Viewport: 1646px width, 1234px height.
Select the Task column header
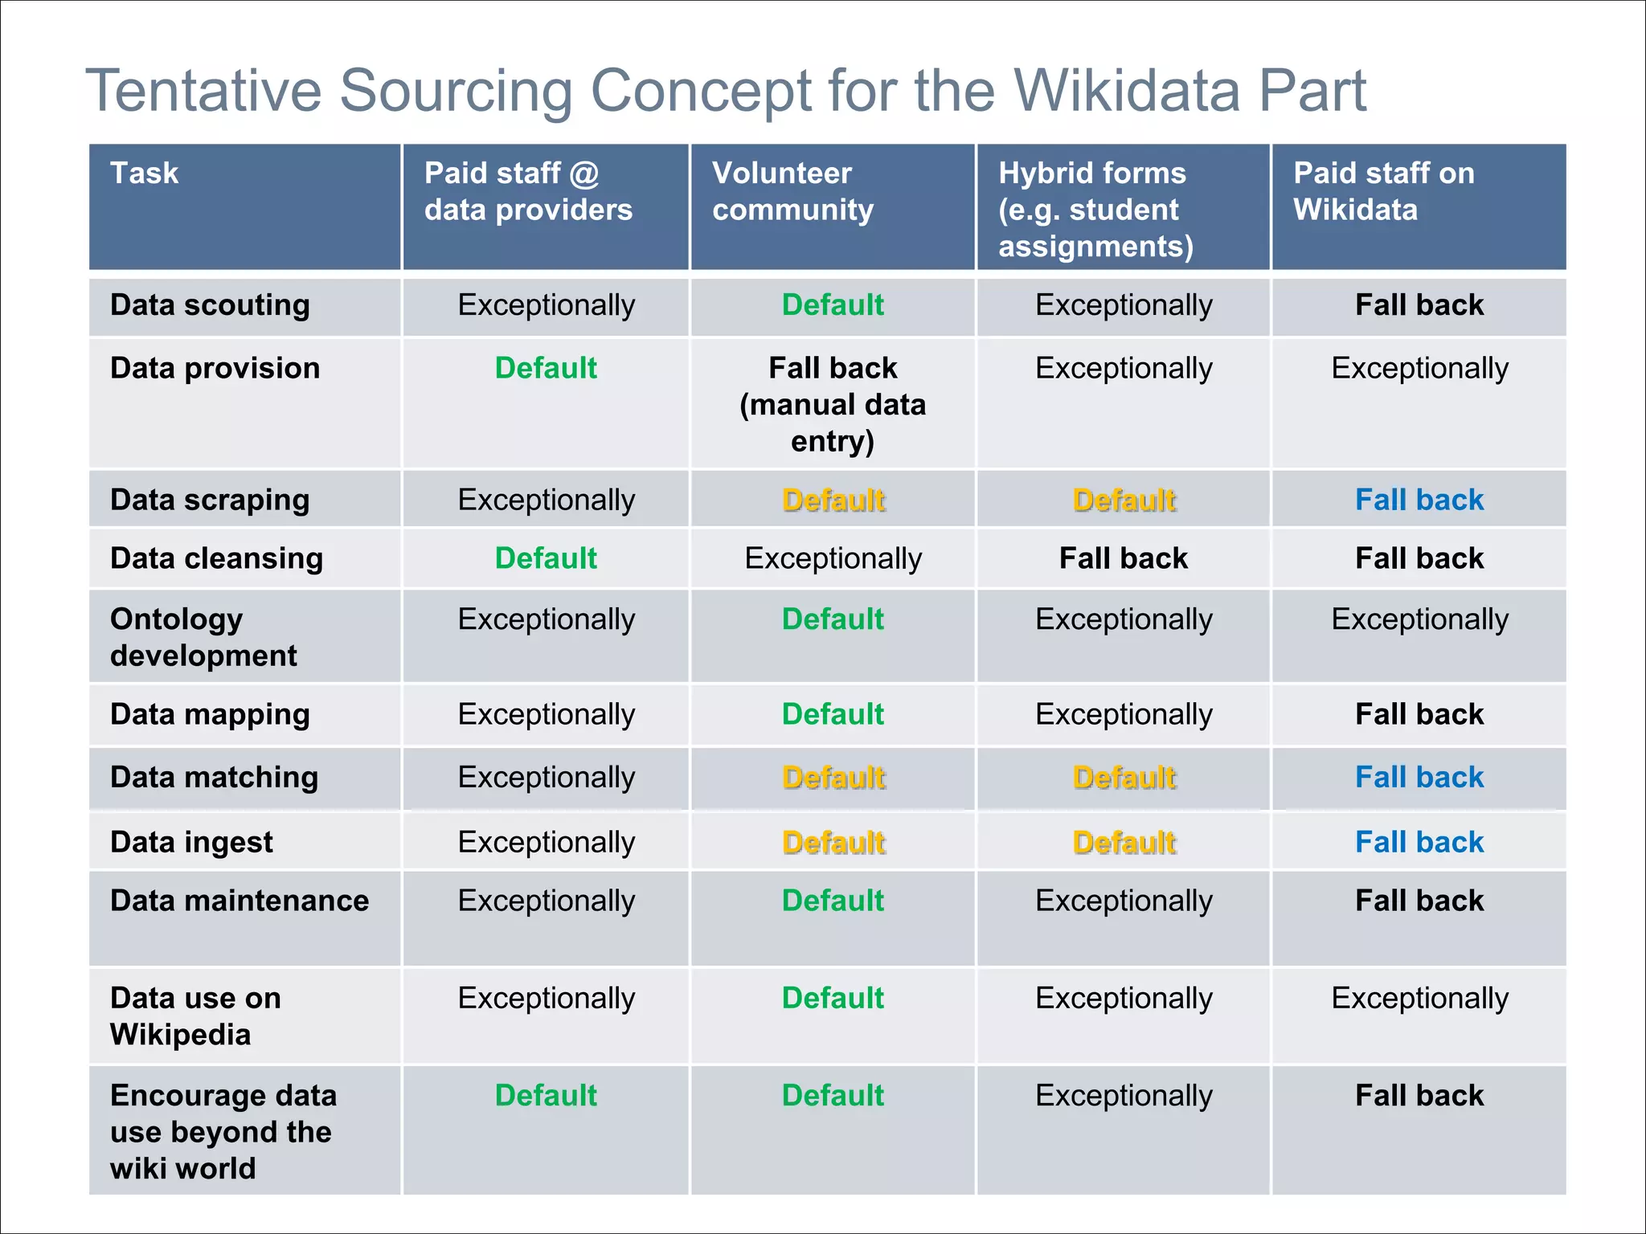point(145,174)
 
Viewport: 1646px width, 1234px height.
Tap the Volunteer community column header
point(792,191)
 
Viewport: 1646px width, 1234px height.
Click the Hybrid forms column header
point(1095,209)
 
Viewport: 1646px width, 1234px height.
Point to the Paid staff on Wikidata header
point(1383,191)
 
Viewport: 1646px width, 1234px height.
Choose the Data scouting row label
point(210,305)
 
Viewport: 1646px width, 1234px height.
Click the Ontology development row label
point(203,637)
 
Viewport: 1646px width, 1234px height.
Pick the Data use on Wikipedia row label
point(195,1015)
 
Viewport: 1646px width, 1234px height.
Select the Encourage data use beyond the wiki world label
point(223,1131)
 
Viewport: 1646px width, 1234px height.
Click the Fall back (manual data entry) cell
point(833,404)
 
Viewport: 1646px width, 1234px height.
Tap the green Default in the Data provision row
point(546,368)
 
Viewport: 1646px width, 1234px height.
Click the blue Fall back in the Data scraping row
point(1419,500)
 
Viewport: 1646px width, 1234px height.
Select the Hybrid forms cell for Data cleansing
point(1123,558)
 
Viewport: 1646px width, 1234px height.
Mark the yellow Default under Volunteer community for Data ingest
point(833,842)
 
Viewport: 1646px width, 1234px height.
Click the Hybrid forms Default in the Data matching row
point(1124,778)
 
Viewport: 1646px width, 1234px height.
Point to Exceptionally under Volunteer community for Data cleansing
point(833,558)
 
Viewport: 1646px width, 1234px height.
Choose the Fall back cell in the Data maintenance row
point(1419,901)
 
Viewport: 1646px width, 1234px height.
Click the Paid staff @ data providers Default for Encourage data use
point(546,1096)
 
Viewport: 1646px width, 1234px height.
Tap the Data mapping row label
point(210,714)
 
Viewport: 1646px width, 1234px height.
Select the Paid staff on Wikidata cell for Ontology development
point(1419,619)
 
